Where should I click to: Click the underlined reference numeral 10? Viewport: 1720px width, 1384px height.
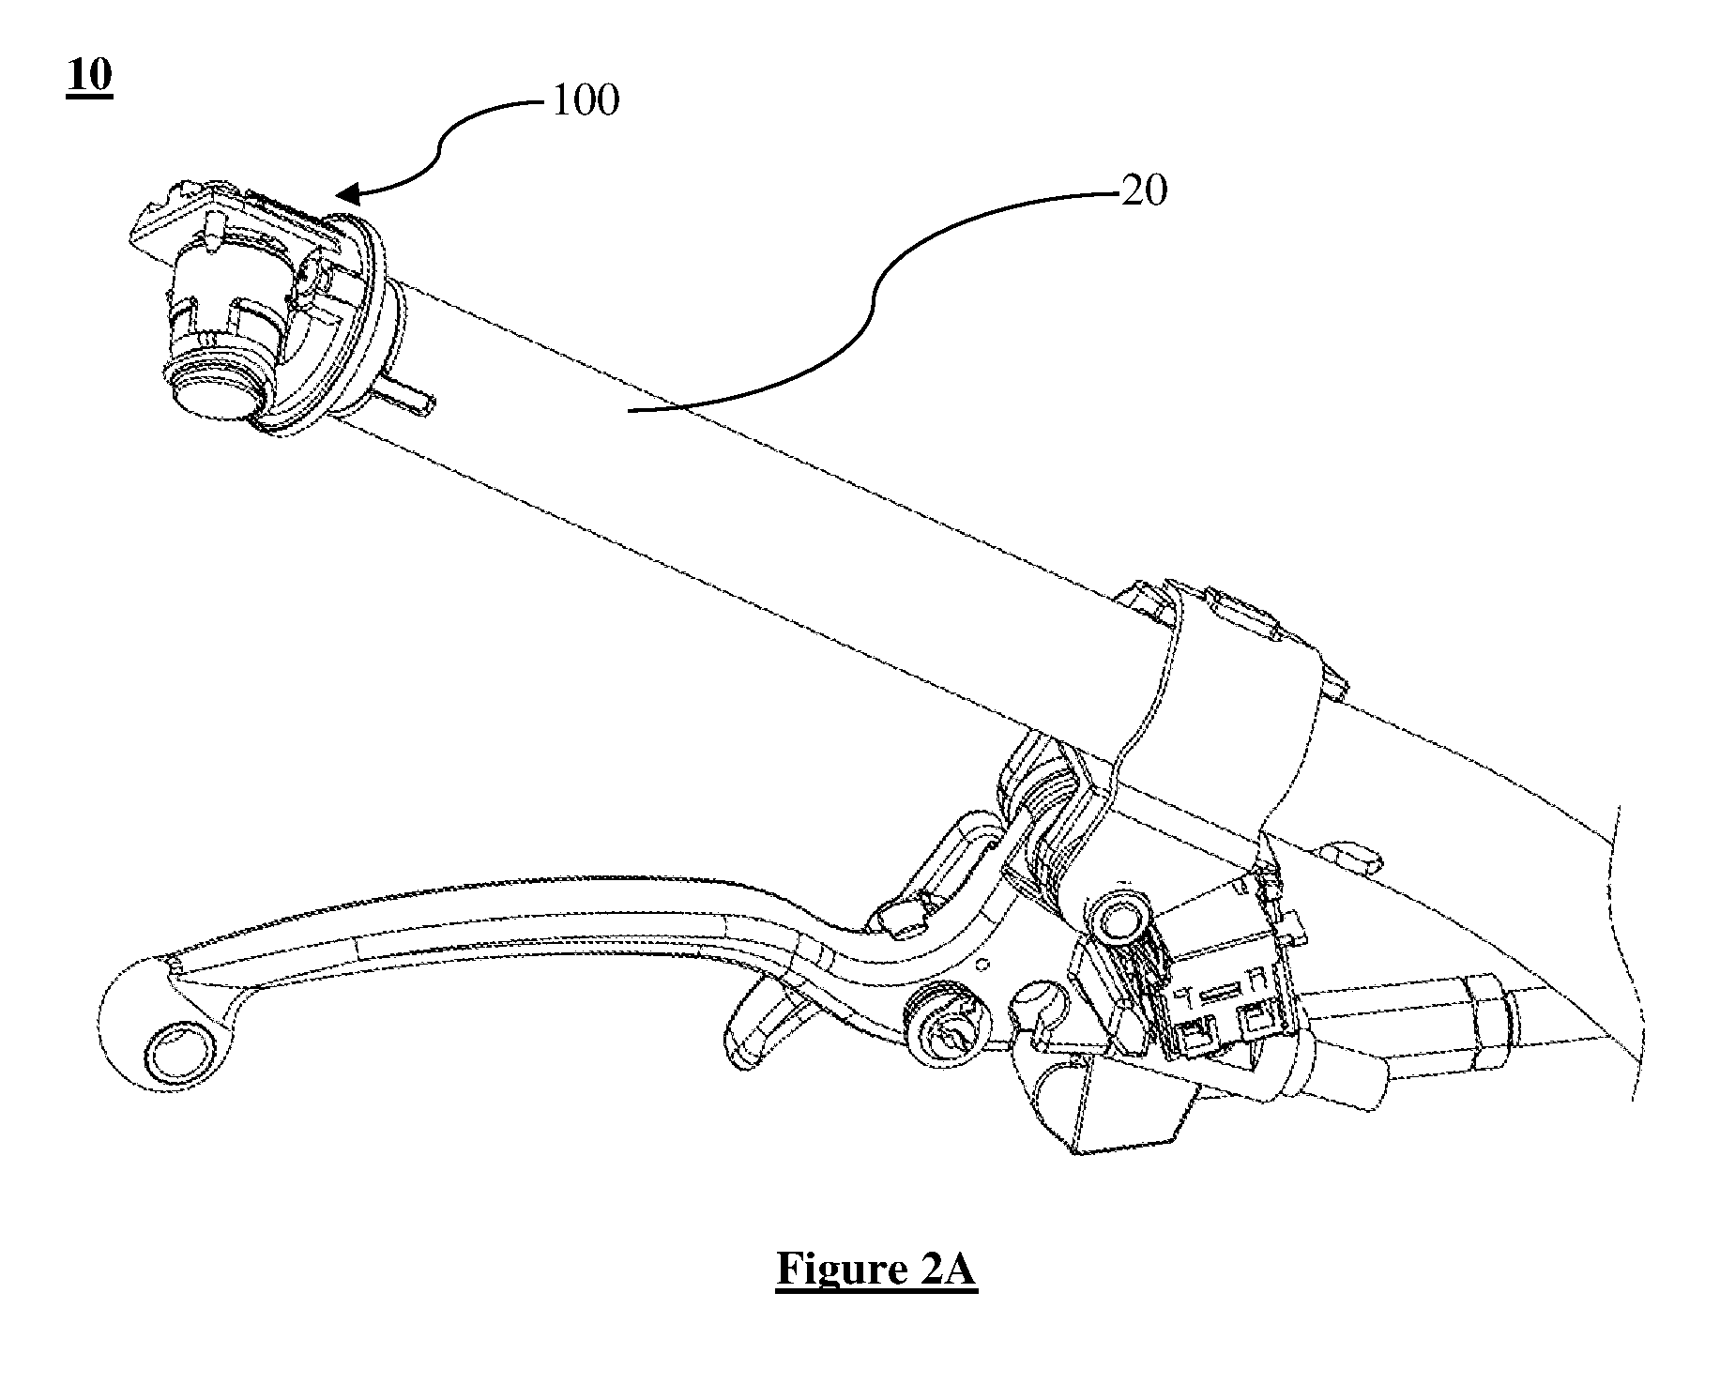coord(89,76)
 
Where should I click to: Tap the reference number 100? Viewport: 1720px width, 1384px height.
coord(586,100)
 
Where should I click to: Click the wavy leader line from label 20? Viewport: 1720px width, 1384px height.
coord(873,300)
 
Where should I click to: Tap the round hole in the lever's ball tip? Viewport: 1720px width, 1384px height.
coord(176,1050)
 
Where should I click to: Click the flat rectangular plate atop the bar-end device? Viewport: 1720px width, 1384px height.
coord(235,225)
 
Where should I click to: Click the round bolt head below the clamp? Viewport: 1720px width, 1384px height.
coord(1118,923)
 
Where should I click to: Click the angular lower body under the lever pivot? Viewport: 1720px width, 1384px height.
coord(1117,1098)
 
